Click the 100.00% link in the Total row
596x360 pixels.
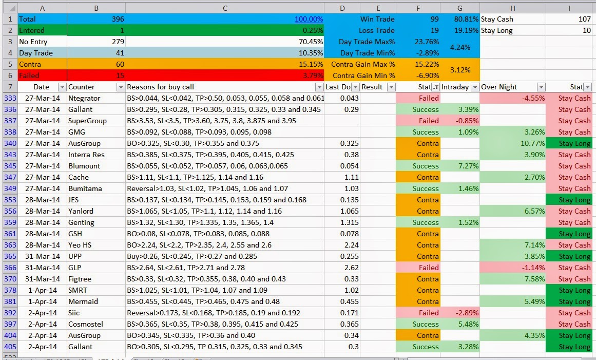click(x=309, y=19)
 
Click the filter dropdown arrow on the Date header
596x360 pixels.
click(x=62, y=87)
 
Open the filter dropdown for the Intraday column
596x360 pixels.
click(x=475, y=87)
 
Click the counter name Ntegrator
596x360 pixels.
click(x=84, y=98)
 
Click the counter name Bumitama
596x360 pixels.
click(x=85, y=188)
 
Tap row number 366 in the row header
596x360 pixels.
click(x=10, y=268)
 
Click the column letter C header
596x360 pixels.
click(x=225, y=8)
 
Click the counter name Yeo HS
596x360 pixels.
click(x=81, y=245)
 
